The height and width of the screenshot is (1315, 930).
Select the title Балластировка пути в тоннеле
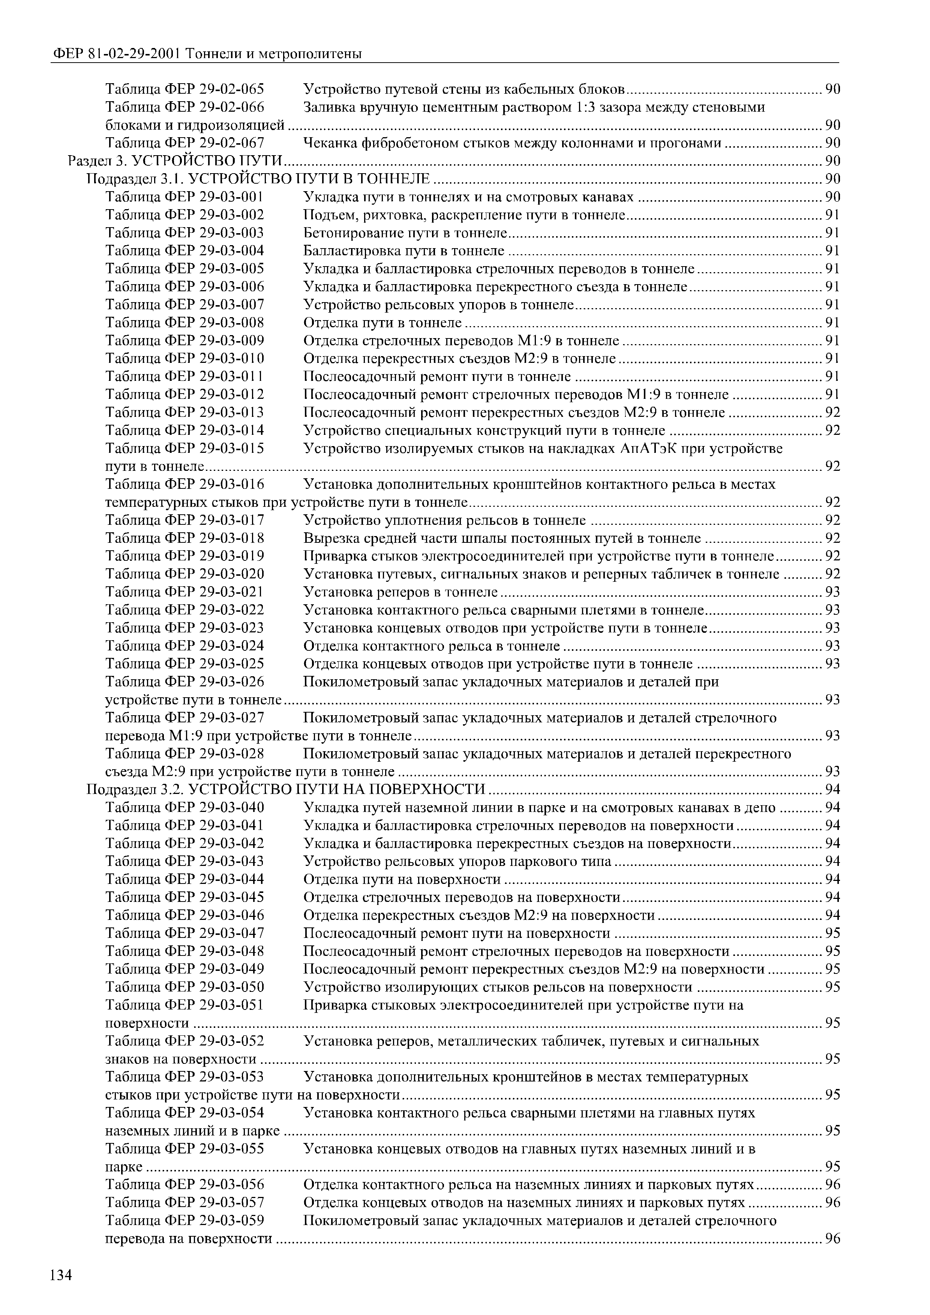pos(403,250)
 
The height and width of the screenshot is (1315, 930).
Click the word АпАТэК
pos(648,448)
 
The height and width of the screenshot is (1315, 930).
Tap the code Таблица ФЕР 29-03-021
pos(185,592)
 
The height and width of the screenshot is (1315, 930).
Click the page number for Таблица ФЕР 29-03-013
pos(832,412)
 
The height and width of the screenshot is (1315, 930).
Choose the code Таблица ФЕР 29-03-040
pos(185,807)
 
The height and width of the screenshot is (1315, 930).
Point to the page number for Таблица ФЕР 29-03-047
pos(832,933)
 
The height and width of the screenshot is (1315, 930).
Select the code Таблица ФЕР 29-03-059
pos(185,1221)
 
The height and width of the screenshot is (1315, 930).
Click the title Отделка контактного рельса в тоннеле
pos(431,646)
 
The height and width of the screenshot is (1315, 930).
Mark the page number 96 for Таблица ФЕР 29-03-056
pos(832,1185)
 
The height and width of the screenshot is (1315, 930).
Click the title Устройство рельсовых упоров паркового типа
pos(457,861)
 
